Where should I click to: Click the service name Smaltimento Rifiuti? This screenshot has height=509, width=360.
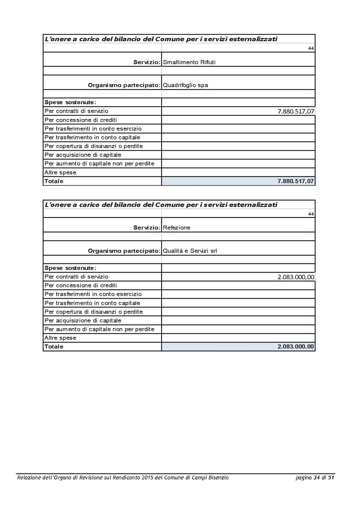[x=189, y=62]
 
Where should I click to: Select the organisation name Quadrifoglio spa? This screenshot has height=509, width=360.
[x=185, y=85]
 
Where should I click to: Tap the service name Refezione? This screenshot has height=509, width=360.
[x=177, y=228]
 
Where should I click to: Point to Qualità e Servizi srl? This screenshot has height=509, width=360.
[x=190, y=251]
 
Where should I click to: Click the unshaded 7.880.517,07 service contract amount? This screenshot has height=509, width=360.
[x=296, y=111]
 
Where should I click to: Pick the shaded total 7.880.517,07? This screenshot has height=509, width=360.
[x=296, y=181]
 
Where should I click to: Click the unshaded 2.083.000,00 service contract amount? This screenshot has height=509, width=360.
[x=296, y=277]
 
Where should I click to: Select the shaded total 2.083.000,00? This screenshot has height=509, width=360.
[x=296, y=347]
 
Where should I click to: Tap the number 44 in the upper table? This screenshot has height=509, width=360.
[x=311, y=48]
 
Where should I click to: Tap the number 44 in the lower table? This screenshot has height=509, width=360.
[x=311, y=214]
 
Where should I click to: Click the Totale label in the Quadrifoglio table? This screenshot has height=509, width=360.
[x=54, y=181]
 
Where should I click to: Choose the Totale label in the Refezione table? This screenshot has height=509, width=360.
[x=54, y=347]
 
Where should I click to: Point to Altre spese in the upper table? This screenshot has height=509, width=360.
[x=60, y=172]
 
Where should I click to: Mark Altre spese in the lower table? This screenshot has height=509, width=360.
[x=60, y=338]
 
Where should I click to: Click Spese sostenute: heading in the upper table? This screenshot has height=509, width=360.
[x=70, y=102]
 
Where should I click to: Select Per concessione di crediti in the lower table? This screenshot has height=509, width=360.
[x=81, y=285]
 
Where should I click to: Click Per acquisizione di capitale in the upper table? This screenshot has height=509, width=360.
[x=83, y=155]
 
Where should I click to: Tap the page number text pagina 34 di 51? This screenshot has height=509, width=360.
[x=315, y=478]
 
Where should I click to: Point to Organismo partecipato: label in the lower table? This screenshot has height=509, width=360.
[x=124, y=251]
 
